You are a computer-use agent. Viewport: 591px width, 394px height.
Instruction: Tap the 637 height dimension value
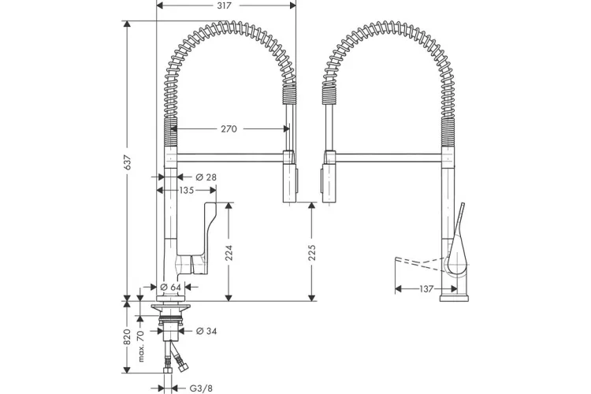click(x=128, y=162)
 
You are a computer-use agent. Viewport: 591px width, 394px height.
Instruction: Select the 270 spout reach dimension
click(x=229, y=129)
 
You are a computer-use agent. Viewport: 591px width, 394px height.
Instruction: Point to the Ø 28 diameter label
click(x=206, y=177)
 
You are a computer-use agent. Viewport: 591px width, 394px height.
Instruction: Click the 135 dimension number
click(x=186, y=190)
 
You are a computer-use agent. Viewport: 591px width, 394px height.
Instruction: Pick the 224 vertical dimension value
click(x=229, y=253)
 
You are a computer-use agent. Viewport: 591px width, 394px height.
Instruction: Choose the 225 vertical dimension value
click(x=312, y=252)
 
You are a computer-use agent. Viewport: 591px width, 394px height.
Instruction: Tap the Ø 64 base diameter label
click(x=171, y=287)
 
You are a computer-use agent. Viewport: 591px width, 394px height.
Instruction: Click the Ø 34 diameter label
click(x=206, y=331)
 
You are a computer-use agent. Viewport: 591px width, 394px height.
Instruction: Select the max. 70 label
click(x=140, y=346)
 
